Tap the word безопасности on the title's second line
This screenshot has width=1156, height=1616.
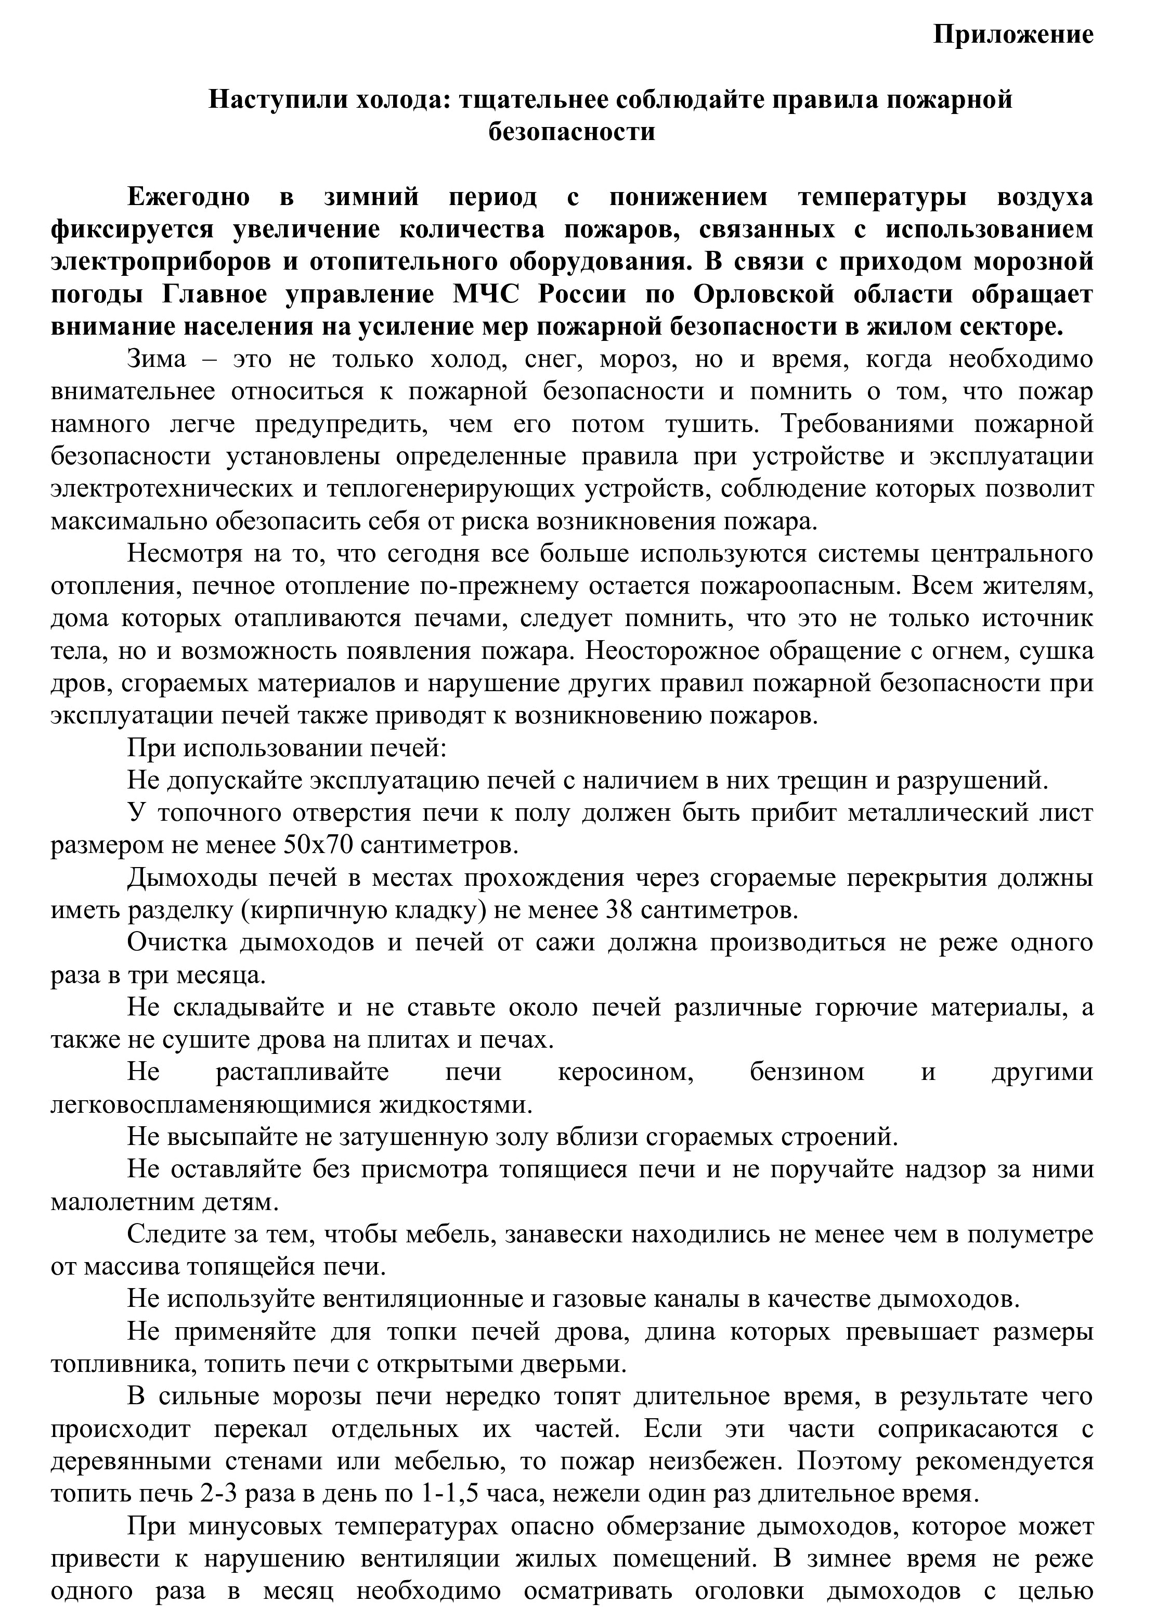(571, 133)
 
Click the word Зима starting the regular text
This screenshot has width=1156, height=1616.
(157, 360)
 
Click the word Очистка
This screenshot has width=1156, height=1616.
(177, 942)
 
